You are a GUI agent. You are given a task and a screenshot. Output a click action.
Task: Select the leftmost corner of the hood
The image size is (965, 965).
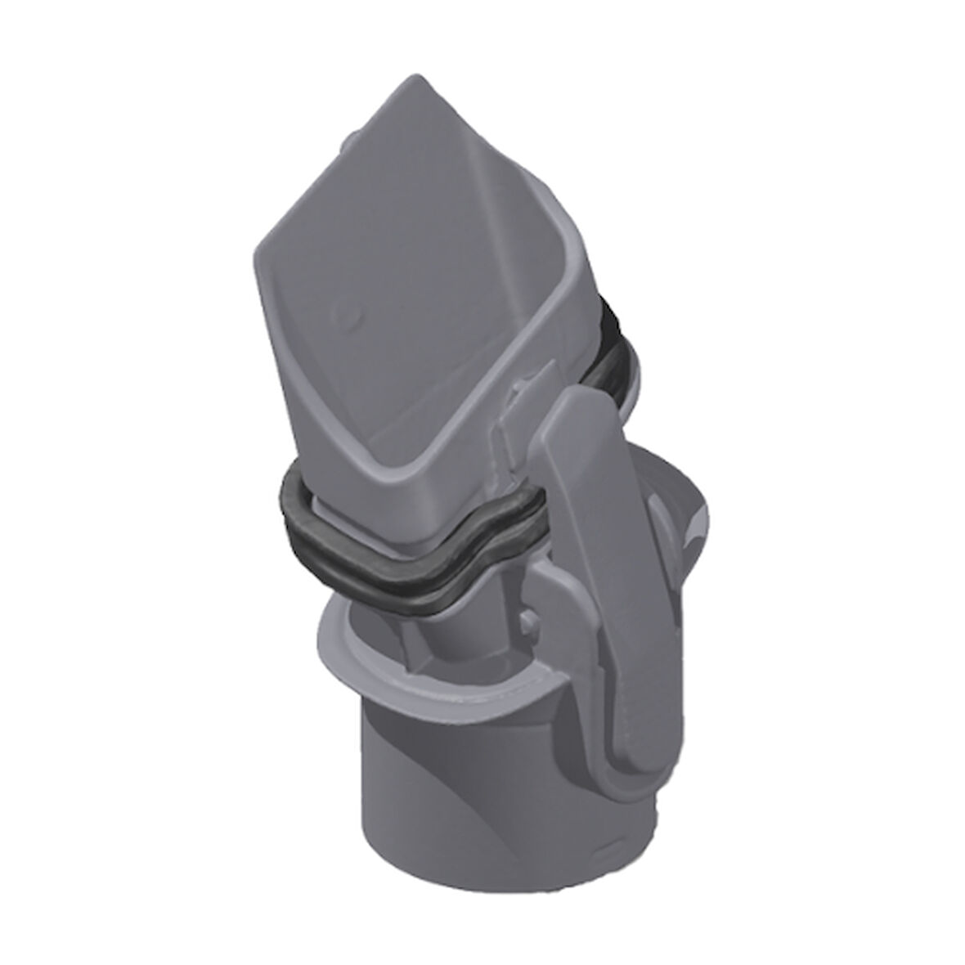(x=254, y=245)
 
